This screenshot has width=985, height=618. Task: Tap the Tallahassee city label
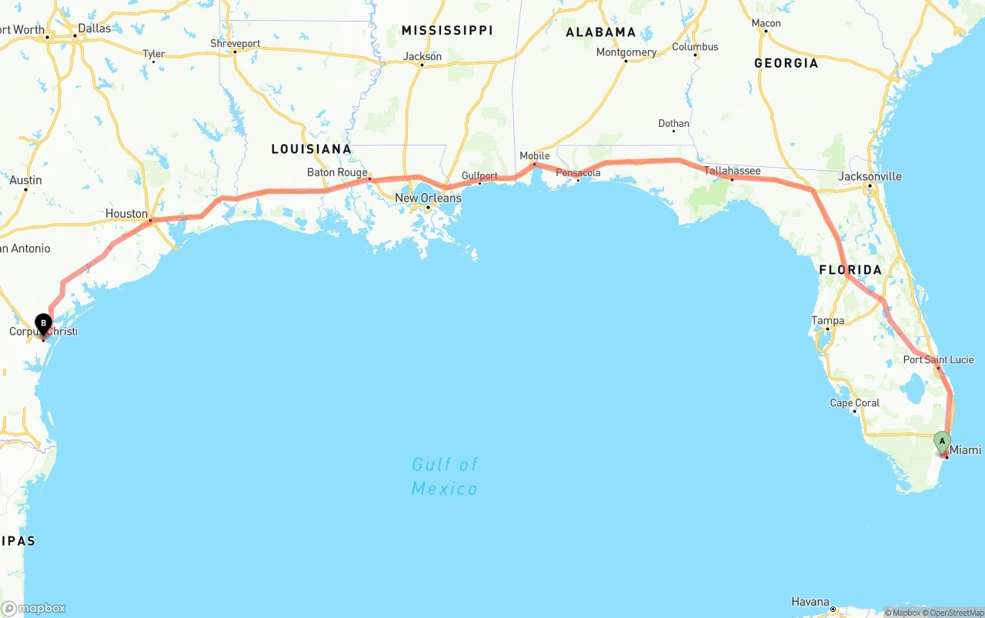(x=732, y=171)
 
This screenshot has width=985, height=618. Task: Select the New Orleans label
(x=428, y=198)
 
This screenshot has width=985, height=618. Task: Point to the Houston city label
(x=126, y=213)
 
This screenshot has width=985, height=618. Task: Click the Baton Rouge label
(x=337, y=172)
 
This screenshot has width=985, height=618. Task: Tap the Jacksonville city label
(x=870, y=176)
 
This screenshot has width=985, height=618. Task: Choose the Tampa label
(x=827, y=320)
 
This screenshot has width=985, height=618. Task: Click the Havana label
(x=810, y=602)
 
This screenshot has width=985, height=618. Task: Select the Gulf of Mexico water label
(x=444, y=476)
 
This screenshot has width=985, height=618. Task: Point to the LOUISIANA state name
(x=311, y=149)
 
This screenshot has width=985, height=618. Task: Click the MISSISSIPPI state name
(x=446, y=30)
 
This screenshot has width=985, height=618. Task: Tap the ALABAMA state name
(x=600, y=32)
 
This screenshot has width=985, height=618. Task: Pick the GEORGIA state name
(x=786, y=63)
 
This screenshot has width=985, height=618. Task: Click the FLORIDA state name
(x=850, y=269)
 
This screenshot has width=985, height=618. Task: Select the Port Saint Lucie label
(x=938, y=359)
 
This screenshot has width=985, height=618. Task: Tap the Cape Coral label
(x=854, y=403)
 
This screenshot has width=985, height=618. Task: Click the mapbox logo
(x=34, y=608)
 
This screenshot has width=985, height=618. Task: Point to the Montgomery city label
(x=626, y=52)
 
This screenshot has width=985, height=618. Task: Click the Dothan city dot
(x=674, y=131)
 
